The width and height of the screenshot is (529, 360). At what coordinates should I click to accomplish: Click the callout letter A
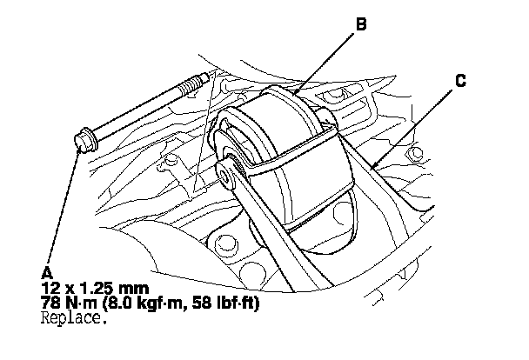[x=46, y=270]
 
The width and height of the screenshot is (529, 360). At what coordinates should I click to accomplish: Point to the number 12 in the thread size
[x=49, y=284]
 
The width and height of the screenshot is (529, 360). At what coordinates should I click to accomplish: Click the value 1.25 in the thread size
[x=93, y=284]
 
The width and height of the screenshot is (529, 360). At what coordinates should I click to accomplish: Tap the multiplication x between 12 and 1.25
[x=67, y=285]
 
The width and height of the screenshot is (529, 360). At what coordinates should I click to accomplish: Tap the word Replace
[x=74, y=317]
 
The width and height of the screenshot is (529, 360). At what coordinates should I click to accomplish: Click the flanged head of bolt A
[x=85, y=140]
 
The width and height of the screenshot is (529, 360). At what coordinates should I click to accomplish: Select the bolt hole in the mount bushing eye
[x=226, y=176]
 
